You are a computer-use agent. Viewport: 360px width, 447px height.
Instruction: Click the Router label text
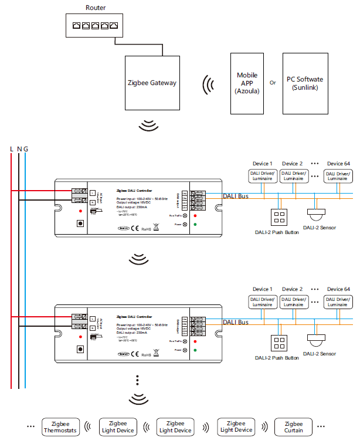[96, 8]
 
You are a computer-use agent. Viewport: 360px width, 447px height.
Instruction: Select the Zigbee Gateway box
[151, 83]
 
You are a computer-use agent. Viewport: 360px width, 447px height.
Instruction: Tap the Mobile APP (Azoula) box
[247, 83]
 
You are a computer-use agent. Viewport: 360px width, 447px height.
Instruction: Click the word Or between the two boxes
[273, 83]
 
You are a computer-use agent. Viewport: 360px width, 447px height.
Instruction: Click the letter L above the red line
[12, 149]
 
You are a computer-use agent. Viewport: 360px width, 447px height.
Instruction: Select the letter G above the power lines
[26, 149]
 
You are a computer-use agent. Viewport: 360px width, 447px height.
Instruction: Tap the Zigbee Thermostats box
[60, 426]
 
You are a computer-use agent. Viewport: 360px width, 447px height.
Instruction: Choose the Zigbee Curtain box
[294, 426]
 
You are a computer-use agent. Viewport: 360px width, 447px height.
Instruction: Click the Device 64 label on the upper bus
[338, 163]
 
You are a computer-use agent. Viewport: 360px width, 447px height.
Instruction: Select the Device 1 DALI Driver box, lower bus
[262, 302]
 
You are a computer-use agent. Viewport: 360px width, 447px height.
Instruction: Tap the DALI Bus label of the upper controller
[235, 196]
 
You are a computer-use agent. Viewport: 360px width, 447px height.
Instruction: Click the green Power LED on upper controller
[195, 224]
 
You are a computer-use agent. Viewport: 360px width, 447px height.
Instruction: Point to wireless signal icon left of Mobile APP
[207, 84]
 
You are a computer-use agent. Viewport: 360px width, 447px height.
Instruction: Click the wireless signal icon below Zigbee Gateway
[150, 125]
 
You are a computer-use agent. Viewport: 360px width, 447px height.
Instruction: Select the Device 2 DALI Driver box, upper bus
[293, 175]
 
